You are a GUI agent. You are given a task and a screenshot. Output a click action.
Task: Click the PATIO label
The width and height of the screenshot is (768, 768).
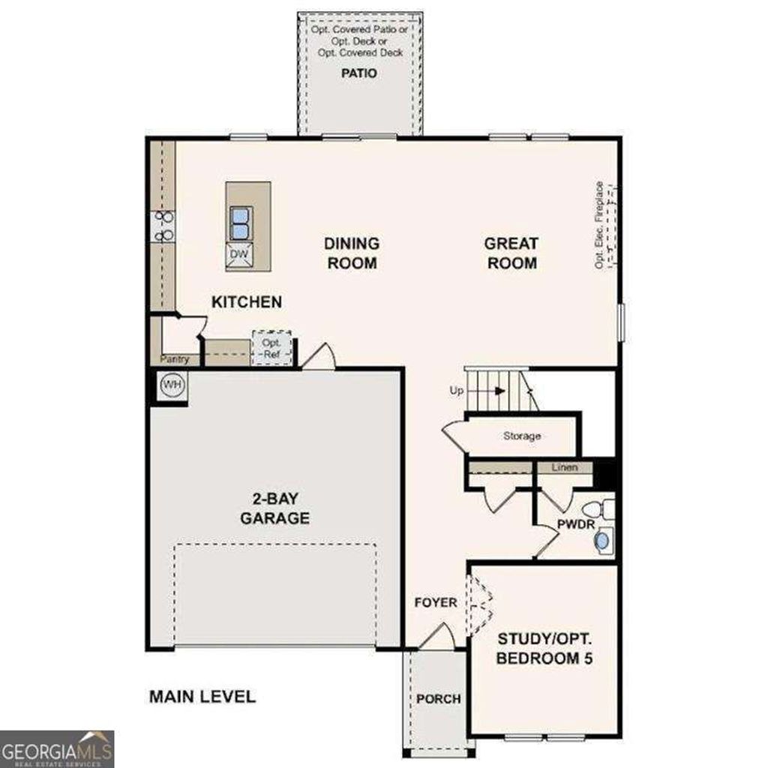tap(358, 73)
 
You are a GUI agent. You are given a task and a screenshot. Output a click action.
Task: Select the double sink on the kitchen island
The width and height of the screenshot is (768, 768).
tap(239, 223)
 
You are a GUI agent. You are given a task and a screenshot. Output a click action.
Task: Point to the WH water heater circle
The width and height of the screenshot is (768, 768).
tap(172, 385)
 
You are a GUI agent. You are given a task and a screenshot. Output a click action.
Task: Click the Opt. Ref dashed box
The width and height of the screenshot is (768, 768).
tap(271, 347)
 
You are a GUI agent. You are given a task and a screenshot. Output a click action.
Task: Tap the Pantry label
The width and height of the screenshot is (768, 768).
tap(175, 359)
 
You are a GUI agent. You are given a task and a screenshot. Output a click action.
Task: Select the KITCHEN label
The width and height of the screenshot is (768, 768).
tap(247, 302)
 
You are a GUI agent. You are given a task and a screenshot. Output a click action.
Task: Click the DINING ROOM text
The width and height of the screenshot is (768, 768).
tap(351, 253)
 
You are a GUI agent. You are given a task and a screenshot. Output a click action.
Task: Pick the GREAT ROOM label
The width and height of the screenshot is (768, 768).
tap(510, 253)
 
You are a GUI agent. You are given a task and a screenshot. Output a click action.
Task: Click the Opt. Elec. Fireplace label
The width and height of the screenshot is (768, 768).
tap(599, 225)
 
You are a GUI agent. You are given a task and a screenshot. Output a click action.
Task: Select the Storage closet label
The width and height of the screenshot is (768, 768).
tap(522, 436)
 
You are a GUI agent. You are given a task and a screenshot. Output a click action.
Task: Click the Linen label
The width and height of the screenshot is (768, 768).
tap(565, 468)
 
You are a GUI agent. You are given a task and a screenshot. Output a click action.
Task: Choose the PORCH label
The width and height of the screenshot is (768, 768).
tap(439, 699)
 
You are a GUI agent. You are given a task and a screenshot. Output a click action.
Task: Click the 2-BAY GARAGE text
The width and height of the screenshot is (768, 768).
tap(274, 508)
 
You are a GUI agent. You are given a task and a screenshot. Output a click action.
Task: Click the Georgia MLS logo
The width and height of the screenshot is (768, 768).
tap(57, 748)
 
